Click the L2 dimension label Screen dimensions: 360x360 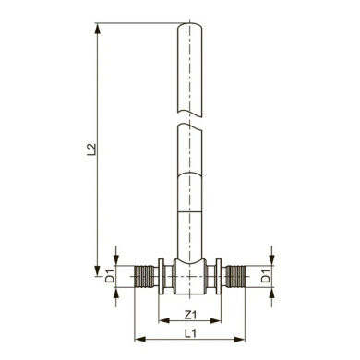tap(92, 150)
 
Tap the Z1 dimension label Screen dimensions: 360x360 tap(190, 315)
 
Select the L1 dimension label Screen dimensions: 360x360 tap(190, 333)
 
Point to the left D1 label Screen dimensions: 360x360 tap(110, 276)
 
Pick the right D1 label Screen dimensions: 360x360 tap(266, 276)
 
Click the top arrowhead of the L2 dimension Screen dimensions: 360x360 tap(98, 29)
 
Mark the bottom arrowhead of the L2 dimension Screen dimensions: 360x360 tap(98, 270)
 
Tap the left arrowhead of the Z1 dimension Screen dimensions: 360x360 tap(163, 321)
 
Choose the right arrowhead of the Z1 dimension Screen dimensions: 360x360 tap(215, 321)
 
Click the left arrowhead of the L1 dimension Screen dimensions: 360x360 tap(140, 340)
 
